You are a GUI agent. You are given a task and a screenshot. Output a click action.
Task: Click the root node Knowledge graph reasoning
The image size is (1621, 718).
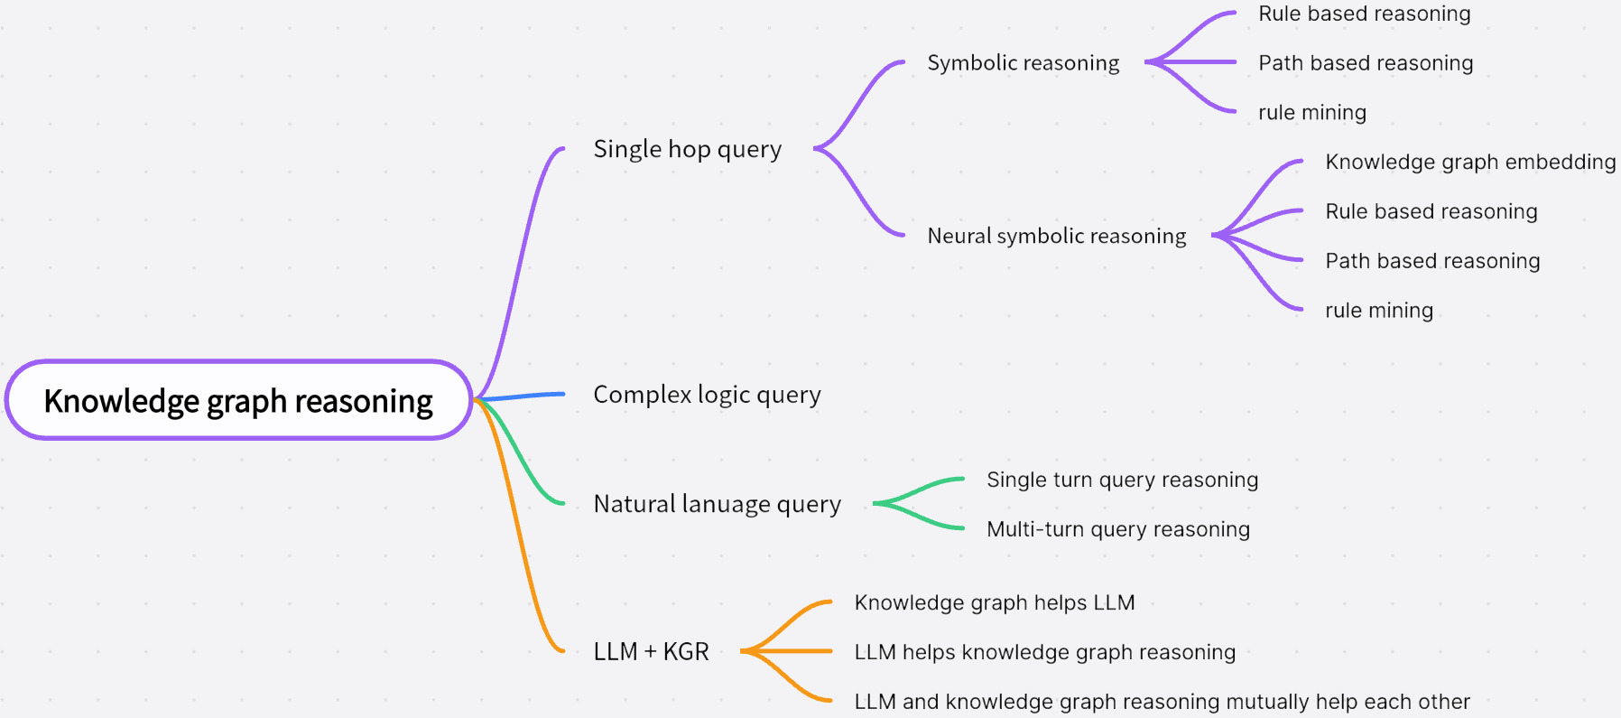238,400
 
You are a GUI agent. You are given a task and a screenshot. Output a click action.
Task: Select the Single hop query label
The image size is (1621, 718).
687,149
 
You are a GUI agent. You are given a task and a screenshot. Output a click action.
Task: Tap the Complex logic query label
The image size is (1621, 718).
707,395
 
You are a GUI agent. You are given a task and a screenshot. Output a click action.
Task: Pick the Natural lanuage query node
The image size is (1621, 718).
717,504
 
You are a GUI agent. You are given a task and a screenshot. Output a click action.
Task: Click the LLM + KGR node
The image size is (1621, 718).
651,651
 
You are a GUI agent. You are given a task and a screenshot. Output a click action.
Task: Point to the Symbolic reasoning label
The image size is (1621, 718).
1023,63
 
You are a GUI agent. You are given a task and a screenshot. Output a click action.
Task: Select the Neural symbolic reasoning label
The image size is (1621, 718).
1056,236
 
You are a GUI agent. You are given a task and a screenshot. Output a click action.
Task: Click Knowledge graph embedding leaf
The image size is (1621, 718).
1469,162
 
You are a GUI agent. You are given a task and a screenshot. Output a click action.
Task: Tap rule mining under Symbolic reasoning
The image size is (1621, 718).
1311,113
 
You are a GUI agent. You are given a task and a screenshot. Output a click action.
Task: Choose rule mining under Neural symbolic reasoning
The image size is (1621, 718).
1378,311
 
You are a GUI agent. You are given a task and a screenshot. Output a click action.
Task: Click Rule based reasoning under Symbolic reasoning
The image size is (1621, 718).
1364,14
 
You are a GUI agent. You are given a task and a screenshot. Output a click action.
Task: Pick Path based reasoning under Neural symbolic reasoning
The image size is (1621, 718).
1431,261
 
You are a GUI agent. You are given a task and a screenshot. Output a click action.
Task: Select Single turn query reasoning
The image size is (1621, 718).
1122,480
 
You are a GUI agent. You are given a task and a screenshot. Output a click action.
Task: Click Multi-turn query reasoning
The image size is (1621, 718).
1117,529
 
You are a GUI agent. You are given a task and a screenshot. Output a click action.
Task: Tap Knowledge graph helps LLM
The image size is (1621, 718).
994,602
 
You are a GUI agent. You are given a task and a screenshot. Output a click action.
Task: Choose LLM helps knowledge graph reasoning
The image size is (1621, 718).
1044,652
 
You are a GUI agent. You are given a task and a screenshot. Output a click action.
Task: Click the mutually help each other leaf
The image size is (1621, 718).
1162,702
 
